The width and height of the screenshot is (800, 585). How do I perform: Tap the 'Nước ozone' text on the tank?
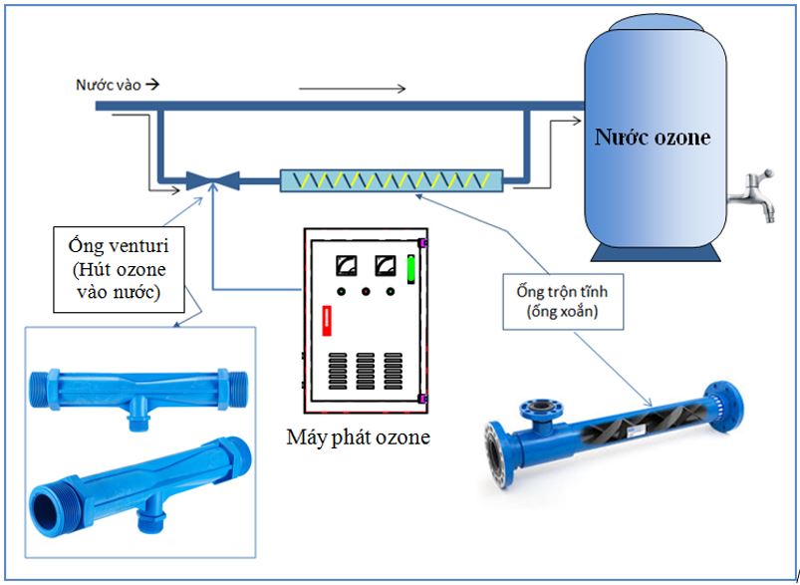point(653,137)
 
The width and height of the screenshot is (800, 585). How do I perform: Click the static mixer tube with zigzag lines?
point(392,180)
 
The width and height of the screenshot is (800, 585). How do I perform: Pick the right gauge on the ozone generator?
point(382,266)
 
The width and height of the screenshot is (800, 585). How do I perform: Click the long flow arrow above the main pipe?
point(352,89)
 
